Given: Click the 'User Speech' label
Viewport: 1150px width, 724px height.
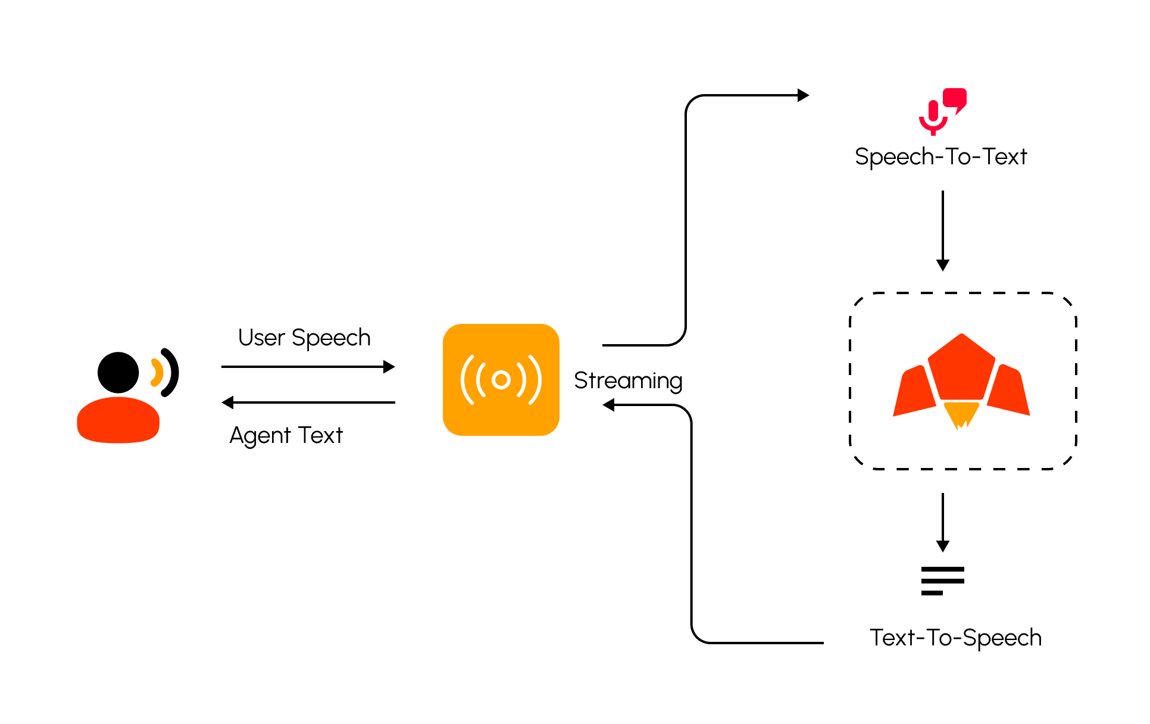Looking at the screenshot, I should click(304, 338).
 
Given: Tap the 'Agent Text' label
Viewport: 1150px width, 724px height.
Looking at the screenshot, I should click(286, 435).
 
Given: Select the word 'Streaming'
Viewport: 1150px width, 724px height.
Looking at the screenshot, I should click(628, 380).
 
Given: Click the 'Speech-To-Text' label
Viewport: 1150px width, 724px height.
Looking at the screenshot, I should click(941, 157).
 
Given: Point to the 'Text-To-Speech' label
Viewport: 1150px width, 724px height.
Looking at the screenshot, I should click(955, 638).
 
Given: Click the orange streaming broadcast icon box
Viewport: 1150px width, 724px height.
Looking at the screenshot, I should click(501, 380).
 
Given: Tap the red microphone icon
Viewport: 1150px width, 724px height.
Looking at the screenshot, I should click(933, 117).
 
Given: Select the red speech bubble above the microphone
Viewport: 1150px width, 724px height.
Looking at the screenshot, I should click(955, 98).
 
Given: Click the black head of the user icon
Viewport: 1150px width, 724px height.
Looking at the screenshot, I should click(118, 373).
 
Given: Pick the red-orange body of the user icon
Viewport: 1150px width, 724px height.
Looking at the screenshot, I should click(118, 420).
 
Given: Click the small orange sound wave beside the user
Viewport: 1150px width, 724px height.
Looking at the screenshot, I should click(157, 373).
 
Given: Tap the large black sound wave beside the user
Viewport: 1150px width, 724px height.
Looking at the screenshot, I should click(171, 372).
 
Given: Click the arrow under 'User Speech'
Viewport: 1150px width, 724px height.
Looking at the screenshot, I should click(308, 367).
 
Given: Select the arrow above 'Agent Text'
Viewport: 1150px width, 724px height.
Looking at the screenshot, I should click(308, 402).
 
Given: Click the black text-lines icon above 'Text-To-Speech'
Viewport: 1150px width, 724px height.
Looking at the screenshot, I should click(942, 581).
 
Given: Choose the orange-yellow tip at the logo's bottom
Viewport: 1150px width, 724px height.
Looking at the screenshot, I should click(961, 414).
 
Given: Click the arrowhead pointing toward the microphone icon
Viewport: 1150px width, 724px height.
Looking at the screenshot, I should click(803, 95).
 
